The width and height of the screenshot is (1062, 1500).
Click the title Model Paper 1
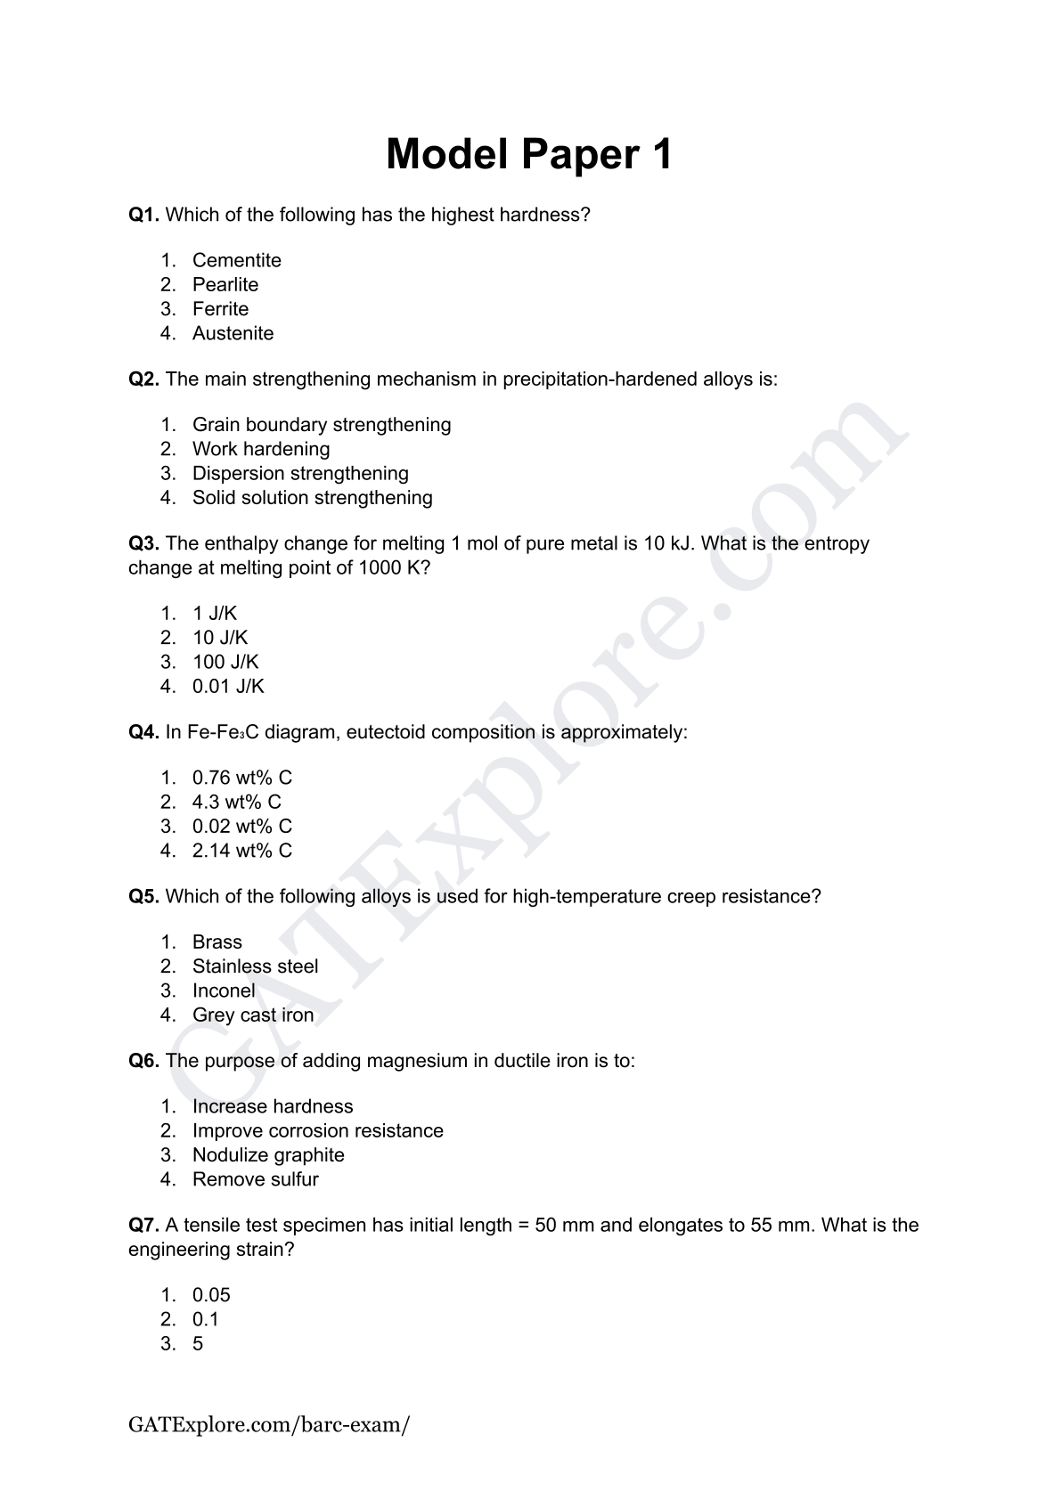529,154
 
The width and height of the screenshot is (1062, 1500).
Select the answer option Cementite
236,260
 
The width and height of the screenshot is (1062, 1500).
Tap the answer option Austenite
233,333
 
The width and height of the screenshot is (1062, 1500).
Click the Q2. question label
143,379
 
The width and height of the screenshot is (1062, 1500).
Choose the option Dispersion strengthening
300,473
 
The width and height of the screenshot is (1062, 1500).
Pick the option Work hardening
261,449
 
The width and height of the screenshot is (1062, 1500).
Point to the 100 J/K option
225,662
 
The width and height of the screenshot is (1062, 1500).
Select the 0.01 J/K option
228,686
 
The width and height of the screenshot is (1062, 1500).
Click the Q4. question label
143,732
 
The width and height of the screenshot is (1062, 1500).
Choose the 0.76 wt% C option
241,778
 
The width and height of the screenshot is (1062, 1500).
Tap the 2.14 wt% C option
241,851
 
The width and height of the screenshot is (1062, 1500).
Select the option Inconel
224,990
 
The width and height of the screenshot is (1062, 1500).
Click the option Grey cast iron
253,1015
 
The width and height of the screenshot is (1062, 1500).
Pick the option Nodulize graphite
268,1154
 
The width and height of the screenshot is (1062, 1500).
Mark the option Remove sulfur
255,1178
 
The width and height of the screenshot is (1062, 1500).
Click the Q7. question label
143,1225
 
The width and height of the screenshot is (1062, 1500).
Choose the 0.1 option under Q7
206,1319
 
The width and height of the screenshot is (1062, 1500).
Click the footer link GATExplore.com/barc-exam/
269,1424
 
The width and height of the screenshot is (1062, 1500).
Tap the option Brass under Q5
216,942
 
